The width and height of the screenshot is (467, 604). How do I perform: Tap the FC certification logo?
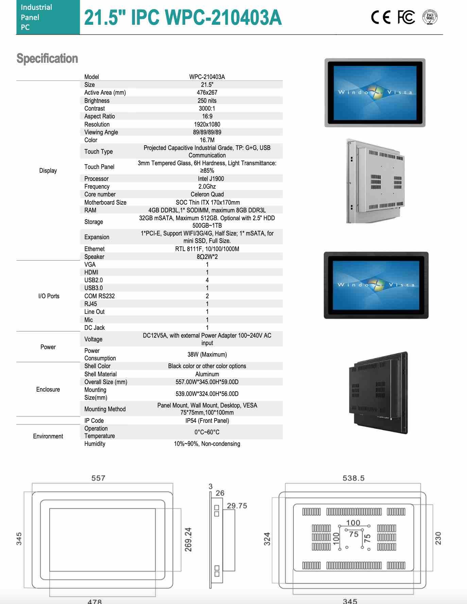(x=406, y=17)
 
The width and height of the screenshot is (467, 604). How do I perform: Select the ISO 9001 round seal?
(x=430, y=17)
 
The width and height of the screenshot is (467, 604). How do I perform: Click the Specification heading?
(x=47, y=58)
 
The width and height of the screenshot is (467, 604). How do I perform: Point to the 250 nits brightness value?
(x=207, y=100)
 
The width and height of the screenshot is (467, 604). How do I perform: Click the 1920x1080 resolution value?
(x=207, y=124)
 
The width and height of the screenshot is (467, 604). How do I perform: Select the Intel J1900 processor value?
(x=211, y=178)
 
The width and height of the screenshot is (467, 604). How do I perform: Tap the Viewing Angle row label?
(x=101, y=132)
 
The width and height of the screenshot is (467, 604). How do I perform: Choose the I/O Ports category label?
(x=49, y=296)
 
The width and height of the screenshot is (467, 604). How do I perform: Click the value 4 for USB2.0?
(x=207, y=280)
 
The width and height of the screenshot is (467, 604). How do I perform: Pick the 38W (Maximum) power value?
(x=207, y=354)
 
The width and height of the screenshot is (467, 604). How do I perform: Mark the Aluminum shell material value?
(x=207, y=374)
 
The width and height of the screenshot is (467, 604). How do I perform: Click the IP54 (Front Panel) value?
(x=207, y=420)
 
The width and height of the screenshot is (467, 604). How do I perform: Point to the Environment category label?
(x=48, y=436)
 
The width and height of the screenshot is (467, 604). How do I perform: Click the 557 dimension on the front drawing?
(x=98, y=478)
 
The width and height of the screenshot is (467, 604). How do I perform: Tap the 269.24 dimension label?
(x=188, y=539)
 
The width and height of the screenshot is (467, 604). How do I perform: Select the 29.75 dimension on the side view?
(x=237, y=506)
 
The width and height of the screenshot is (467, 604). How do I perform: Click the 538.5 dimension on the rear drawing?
(x=353, y=478)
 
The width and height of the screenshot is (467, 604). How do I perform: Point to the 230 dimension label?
(x=438, y=539)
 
